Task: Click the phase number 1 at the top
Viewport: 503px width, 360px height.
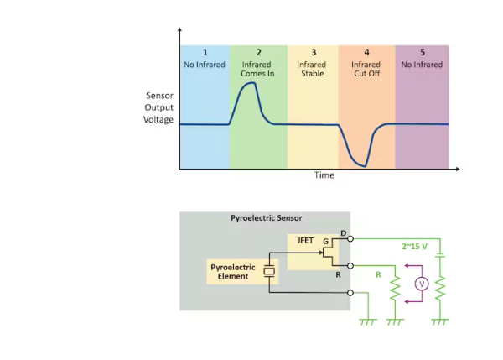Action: [x=205, y=53]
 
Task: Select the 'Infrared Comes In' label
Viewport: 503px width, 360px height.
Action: [x=257, y=69]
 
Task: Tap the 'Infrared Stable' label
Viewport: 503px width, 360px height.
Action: [x=312, y=69]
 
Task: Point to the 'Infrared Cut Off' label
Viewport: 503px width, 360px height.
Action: [x=366, y=69]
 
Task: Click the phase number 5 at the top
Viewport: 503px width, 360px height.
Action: [x=422, y=53]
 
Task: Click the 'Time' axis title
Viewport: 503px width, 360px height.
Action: [x=324, y=175]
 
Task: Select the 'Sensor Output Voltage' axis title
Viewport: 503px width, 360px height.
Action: [x=158, y=107]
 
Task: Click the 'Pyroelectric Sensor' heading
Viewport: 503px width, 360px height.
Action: [x=266, y=217]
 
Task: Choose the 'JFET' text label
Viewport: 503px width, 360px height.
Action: [x=305, y=240]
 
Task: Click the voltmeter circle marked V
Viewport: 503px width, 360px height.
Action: [x=422, y=284]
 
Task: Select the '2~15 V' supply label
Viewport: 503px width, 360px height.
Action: [x=416, y=246]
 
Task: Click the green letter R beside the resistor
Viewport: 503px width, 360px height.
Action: [x=378, y=274]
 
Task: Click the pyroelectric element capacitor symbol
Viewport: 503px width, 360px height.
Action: [x=268, y=271]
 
